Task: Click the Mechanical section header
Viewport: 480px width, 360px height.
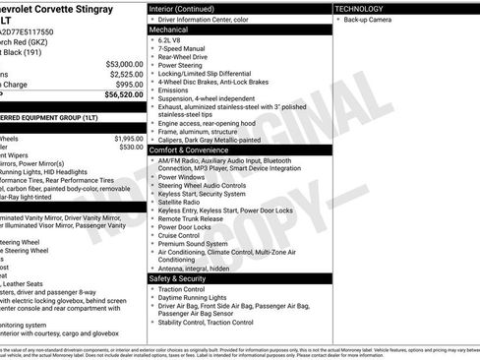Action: coord(168,30)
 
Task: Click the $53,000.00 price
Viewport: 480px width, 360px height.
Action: coord(125,64)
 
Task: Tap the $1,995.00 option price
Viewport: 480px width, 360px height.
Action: coord(129,139)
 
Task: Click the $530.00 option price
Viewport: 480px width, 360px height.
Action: coord(132,148)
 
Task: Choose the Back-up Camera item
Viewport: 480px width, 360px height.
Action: coord(369,20)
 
